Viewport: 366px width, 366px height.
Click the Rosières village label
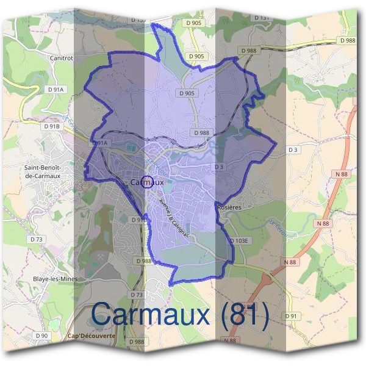[x=229, y=207]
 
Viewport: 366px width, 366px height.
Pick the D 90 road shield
[x=41, y=336]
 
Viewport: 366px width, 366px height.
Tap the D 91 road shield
[x=293, y=315]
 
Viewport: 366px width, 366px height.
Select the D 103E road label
[x=240, y=241]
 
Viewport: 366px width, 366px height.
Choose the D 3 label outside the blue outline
[x=293, y=149]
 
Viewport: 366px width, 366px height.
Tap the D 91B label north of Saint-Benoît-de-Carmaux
[x=52, y=126]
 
